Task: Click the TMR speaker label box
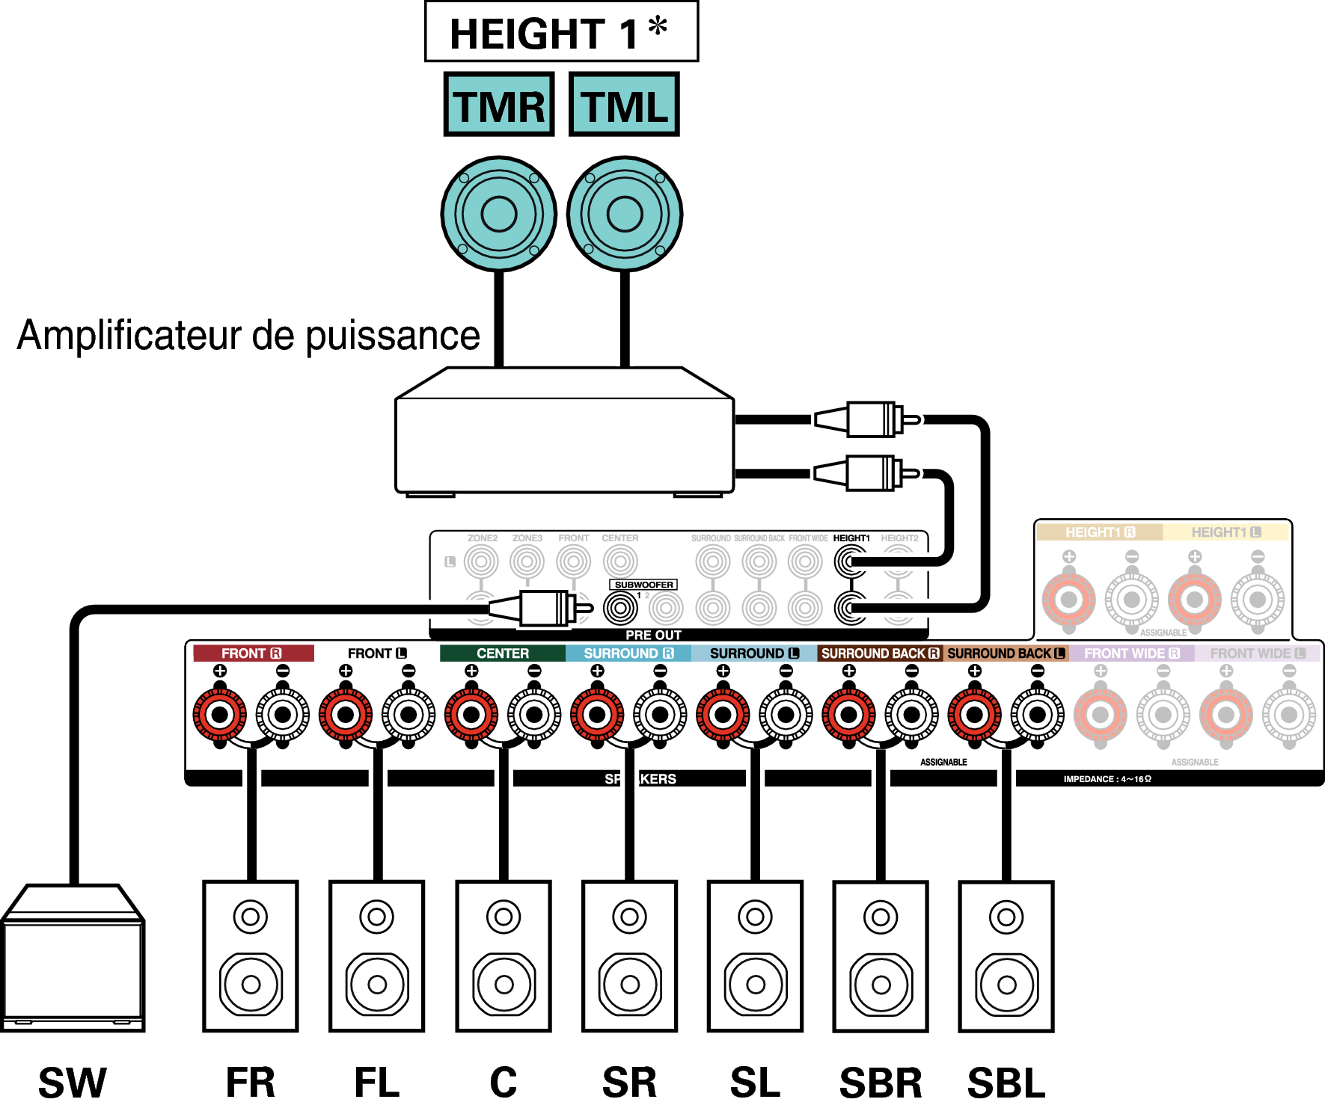tap(499, 105)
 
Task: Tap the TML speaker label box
tap(624, 105)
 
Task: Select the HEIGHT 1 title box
tap(561, 32)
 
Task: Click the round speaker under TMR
tap(499, 214)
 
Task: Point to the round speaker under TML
tap(625, 214)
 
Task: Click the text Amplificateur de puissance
tap(248, 335)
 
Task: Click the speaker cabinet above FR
tap(251, 956)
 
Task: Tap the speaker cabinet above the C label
tap(504, 956)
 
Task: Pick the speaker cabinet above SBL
tap(1006, 956)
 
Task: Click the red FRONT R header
tap(252, 653)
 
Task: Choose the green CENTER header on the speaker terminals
tap(503, 653)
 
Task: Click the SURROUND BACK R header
tap(880, 653)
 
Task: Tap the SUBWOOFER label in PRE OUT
tap(643, 585)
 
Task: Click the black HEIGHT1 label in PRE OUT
tap(851, 538)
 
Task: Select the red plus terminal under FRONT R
tap(220, 715)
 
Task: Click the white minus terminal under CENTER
tap(534, 715)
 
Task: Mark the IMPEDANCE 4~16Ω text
tap(1107, 779)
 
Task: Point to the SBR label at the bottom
tap(881, 1083)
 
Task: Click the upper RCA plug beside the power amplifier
tap(868, 419)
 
